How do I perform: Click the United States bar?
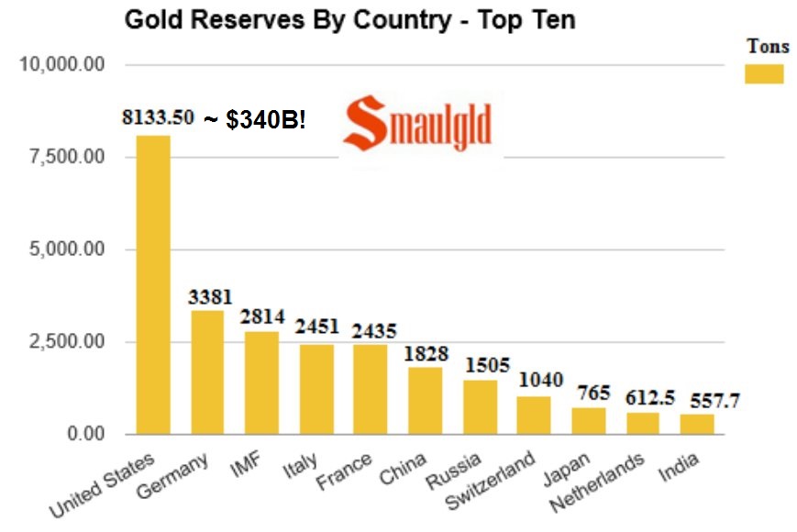coord(153,284)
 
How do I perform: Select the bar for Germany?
coord(207,372)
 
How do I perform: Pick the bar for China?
coord(425,401)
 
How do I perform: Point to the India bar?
coord(697,424)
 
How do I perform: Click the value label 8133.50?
coord(158,117)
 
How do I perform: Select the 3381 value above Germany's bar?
coord(211,296)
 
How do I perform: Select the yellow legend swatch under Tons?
coord(764,73)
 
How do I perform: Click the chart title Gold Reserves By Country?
coord(349,19)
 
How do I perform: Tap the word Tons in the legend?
coord(768,47)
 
